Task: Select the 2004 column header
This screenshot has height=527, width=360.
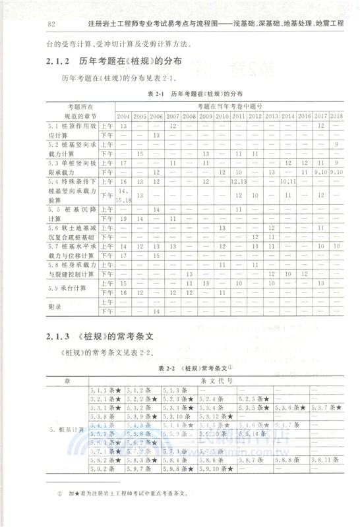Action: point(123,116)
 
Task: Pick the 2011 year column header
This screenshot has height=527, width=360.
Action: point(238,116)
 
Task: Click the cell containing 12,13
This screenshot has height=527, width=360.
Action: point(239,181)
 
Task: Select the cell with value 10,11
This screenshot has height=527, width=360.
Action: point(288,181)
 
